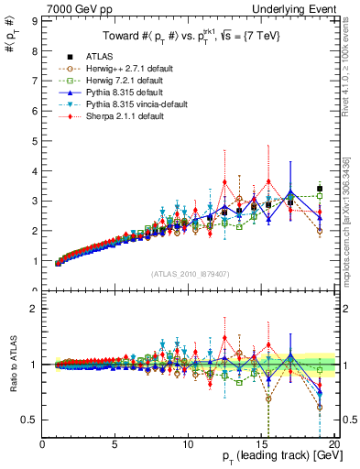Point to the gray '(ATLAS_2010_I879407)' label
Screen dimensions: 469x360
tap(189, 273)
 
